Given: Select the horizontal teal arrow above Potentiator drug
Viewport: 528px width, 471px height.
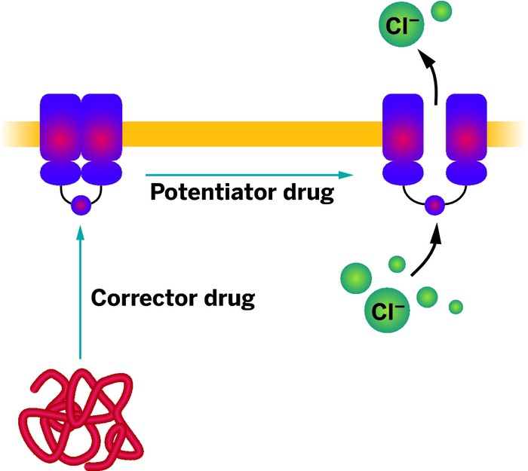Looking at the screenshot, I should coord(249,175).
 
